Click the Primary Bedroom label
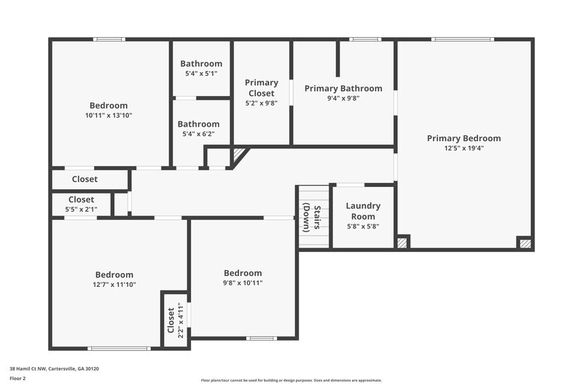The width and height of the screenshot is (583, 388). [x=463, y=138]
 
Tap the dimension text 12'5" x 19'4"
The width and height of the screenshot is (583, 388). [x=463, y=148]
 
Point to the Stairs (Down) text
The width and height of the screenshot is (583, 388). [x=312, y=217]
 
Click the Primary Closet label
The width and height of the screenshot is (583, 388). [x=261, y=88]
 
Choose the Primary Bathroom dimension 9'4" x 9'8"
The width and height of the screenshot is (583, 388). [x=343, y=98]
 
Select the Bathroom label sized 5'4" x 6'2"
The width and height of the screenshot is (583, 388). [x=199, y=124]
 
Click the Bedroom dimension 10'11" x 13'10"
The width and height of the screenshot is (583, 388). [x=109, y=115]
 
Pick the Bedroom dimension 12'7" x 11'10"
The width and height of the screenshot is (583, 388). [x=113, y=285]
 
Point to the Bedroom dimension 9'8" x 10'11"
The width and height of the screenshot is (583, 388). [x=243, y=282]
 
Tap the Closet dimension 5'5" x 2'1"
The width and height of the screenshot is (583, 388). [x=81, y=210]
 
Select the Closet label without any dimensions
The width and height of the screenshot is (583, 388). [x=85, y=179]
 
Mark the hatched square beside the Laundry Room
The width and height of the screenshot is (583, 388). [x=402, y=242]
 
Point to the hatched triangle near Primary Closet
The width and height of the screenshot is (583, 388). [x=239, y=154]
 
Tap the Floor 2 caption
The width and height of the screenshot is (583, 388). [x=17, y=379]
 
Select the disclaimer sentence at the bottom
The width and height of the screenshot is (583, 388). [x=291, y=380]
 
